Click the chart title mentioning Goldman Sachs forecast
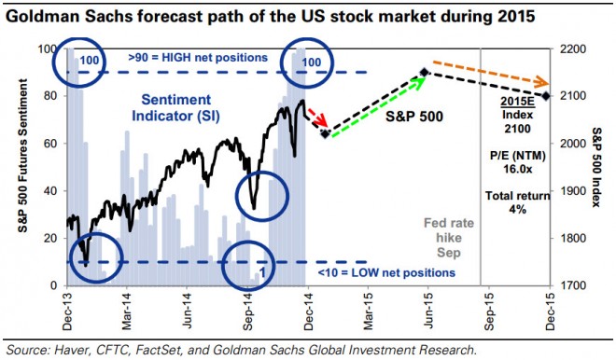point(271,17)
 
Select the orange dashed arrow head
point(542,83)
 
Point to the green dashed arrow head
point(421,79)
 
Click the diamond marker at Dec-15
point(546,96)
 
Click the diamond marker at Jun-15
point(425,72)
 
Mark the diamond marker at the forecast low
point(326,134)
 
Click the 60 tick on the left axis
point(52,144)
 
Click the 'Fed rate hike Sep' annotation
point(449,238)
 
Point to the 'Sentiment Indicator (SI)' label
point(176,107)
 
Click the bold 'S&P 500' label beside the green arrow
point(414,117)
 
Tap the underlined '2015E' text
point(517,102)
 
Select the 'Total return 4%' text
point(517,202)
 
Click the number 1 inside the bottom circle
point(263,272)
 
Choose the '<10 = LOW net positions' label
point(386,272)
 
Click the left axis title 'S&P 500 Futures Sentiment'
point(22,156)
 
